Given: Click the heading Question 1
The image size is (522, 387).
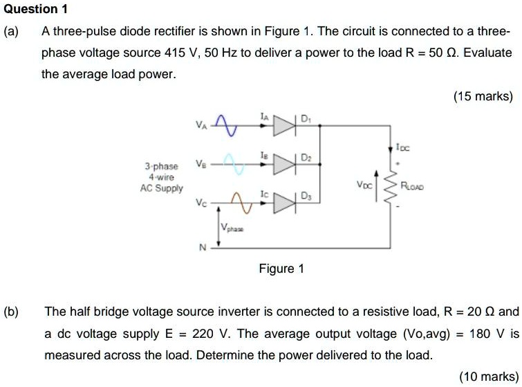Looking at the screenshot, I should tap(31, 9).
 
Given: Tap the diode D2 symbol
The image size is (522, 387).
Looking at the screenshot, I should tap(283, 165).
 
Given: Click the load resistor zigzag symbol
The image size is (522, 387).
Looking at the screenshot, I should tap(396, 186).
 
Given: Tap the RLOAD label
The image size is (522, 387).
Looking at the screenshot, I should tap(415, 186).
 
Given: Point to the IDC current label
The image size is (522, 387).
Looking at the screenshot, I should tap(402, 146).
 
